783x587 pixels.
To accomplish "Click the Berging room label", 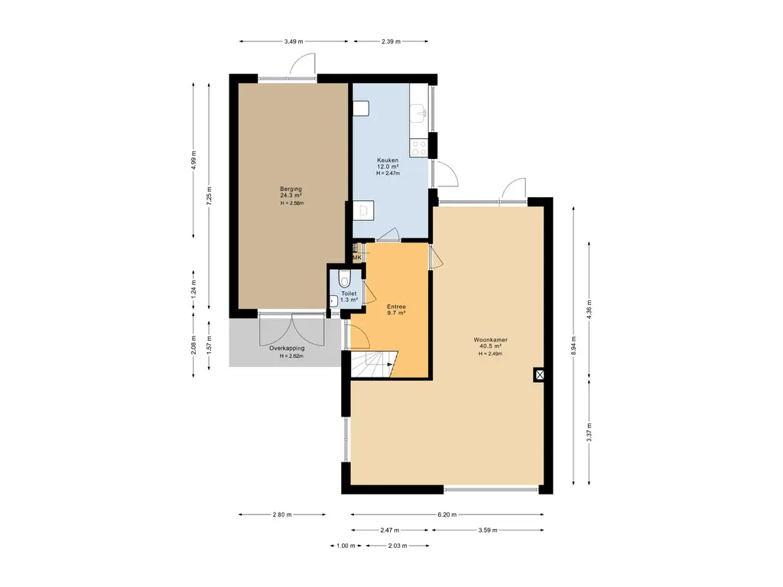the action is point(291,190).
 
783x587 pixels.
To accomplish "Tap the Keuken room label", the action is point(388,161).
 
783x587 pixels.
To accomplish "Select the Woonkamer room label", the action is point(490,340).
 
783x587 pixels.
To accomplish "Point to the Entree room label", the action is point(397,307).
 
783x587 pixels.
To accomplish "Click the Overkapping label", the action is point(287,349).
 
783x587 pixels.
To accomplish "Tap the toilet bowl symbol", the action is point(345,277).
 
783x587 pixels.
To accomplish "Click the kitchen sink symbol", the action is point(419,113).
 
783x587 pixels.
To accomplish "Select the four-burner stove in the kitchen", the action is point(419,148).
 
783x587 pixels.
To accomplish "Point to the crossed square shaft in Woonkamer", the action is point(539,375).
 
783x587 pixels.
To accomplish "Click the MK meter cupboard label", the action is point(356,258).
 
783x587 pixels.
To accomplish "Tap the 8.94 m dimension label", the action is point(573,346).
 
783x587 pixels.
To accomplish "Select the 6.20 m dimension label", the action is point(447,514).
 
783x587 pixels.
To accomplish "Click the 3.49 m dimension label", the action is point(294,41).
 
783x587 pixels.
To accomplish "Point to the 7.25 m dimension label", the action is point(210,196).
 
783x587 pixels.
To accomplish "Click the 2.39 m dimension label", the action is point(391,41).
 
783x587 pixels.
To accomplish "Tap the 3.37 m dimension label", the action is point(590,433).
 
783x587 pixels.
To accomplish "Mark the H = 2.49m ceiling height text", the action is point(490,354).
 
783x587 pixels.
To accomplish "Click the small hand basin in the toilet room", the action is point(333,301).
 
